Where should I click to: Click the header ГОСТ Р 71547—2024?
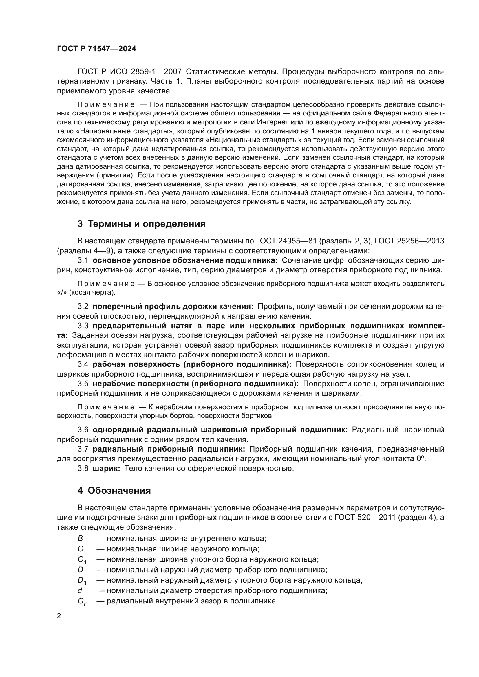(96, 49)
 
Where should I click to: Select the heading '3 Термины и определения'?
(142, 224)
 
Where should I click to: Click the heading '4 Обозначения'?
(114, 491)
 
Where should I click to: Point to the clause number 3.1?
(83, 260)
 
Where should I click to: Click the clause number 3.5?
(83, 384)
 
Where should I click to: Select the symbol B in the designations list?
(80, 538)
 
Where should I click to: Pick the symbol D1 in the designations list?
(82, 581)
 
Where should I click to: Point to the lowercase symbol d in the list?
(80, 591)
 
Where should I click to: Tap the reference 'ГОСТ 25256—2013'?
(409, 241)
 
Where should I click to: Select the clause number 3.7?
(83, 449)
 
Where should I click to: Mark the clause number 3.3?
(83, 326)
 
